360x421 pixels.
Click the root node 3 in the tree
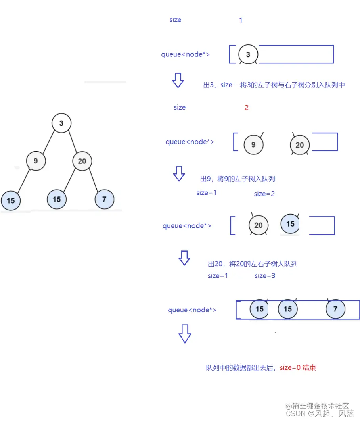[x=61, y=123]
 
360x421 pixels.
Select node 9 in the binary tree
[x=36, y=161]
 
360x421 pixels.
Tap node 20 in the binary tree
[x=82, y=161]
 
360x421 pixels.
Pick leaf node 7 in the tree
[x=104, y=199]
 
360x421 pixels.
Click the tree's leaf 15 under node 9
[x=11, y=200]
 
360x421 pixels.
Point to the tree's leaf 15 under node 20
[x=57, y=199]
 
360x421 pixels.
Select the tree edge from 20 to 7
[x=94, y=180]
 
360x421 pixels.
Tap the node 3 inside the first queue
[x=248, y=54]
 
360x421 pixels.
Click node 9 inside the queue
[x=253, y=145]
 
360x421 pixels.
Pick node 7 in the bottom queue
[x=335, y=309]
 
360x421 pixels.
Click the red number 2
[x=247, y=108]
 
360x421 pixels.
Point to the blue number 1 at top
[x=241, y=20]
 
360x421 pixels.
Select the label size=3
[x=265, y=275]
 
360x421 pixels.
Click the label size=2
[x=264, y=194]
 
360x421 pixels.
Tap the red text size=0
[x=291, y=367]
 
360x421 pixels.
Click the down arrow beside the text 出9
[x=179, y=174]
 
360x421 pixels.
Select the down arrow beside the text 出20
[x=184, y=258]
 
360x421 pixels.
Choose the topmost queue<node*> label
[x=185, y=54]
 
